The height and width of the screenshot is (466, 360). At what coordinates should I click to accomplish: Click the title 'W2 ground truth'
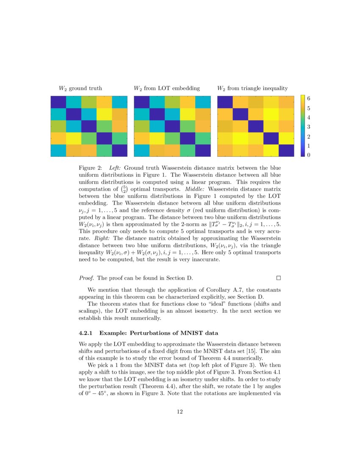80,88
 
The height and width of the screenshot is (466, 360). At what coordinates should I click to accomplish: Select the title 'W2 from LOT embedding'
166,88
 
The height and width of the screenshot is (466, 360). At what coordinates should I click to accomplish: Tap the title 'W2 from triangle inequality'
252,88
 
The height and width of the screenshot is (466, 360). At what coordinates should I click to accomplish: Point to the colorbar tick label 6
309,98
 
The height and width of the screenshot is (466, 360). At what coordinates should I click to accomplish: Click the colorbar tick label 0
309,155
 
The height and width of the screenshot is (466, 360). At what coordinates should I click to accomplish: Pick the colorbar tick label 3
309,127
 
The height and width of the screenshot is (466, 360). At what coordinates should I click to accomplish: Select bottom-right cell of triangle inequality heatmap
286,150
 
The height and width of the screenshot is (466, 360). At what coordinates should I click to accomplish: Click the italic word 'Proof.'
87,278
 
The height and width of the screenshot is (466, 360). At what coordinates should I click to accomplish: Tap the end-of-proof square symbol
278,278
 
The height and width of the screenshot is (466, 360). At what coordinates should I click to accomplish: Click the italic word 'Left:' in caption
115,168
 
